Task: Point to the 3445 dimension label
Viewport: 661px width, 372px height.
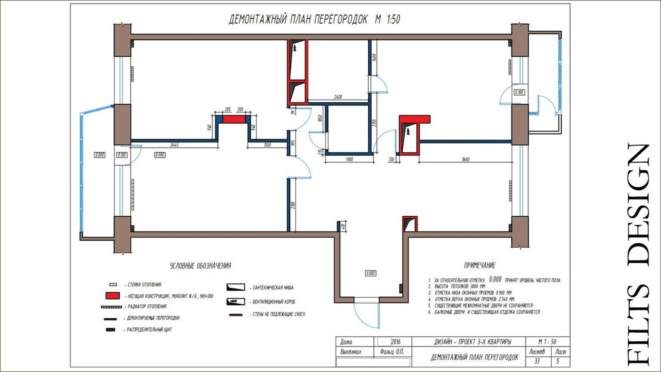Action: coord(174,145)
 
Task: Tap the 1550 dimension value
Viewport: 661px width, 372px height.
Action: coord(267,145)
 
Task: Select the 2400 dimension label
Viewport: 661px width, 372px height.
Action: coord(338,97)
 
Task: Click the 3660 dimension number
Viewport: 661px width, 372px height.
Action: coord(465,159)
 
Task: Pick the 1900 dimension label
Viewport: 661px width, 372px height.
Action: coord(349,159)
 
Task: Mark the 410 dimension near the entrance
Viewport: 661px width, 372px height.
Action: coord(343,227)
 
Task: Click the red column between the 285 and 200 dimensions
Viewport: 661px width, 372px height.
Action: coord(234,119)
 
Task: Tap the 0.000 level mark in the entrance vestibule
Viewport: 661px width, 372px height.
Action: coord(370,273)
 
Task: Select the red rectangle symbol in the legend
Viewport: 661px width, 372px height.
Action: coord(113,296)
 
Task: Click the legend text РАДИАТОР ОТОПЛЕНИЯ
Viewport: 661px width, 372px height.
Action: coord(147,306)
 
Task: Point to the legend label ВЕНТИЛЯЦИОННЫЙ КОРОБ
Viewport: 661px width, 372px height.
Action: coord(274,302)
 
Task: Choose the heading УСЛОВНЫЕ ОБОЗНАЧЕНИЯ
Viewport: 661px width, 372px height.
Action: coord(200,266)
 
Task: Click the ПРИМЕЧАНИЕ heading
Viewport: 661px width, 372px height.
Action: coord(480,265)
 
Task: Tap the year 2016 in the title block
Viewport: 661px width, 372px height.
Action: coord(395,342)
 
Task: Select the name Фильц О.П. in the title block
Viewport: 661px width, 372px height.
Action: coord(392,352)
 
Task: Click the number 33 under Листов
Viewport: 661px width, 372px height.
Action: coord(537,361)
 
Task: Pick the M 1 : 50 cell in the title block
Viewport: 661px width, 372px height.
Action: coord(547,342)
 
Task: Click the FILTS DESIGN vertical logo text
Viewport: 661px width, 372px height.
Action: coord(638,254)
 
